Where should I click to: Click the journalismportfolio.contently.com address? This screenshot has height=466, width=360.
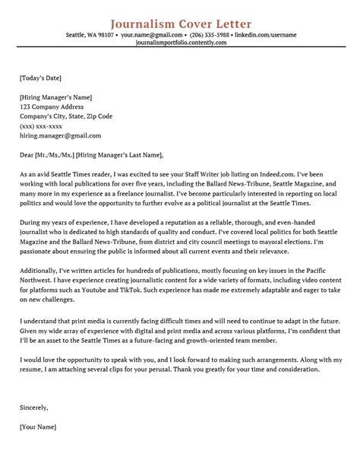click(180, 43)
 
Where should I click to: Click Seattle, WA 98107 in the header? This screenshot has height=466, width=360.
click(90, 34)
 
